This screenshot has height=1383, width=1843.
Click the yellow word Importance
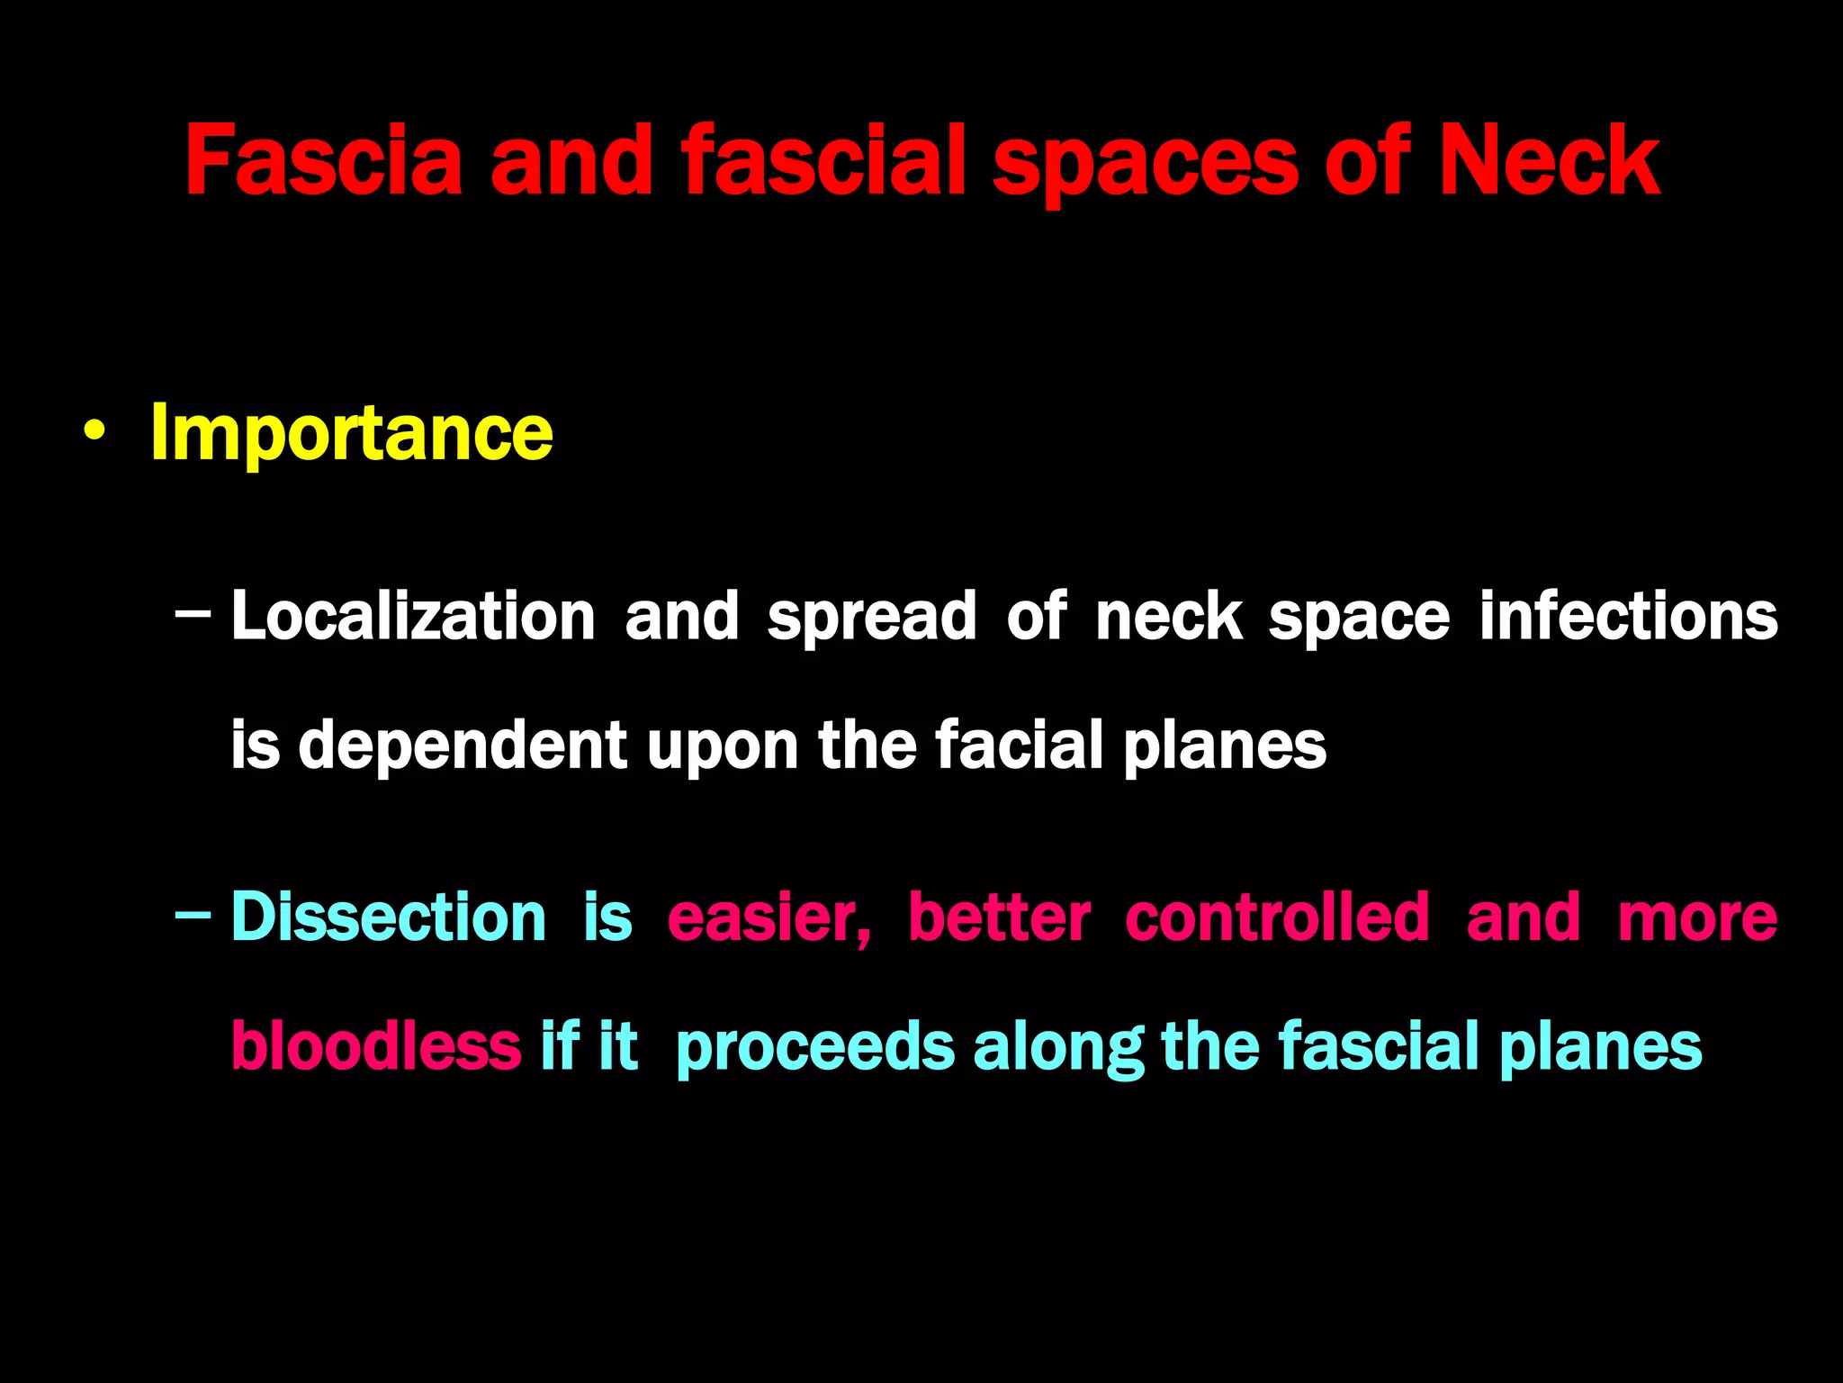[351, 434]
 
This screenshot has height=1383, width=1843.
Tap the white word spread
[871, 618]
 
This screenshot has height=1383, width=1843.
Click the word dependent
[462, 746]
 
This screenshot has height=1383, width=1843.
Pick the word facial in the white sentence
[1019, 746]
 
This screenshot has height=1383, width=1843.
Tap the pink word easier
[767, 918]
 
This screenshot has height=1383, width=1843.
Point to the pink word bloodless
[375, 1046]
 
